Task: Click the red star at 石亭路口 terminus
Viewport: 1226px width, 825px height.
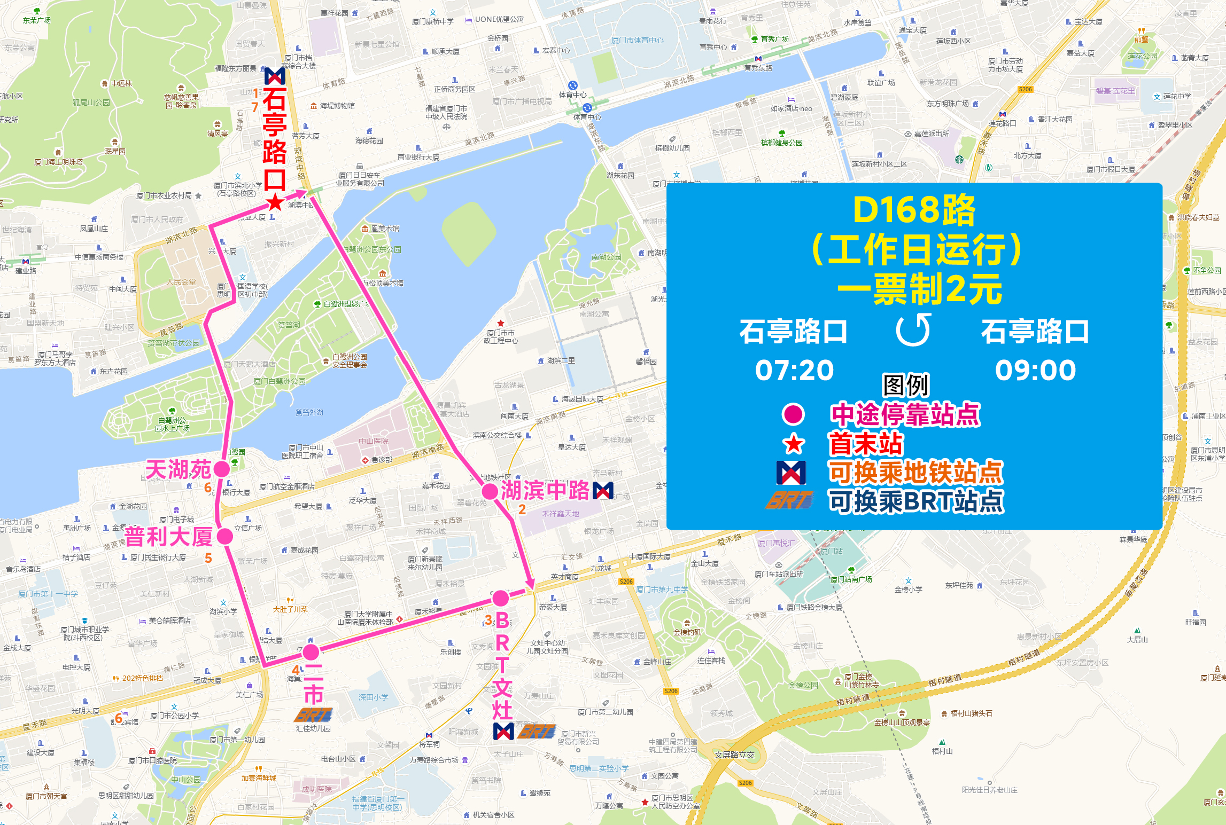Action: [x=275, y=202]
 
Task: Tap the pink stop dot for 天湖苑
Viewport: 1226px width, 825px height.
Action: [x=221, y=469]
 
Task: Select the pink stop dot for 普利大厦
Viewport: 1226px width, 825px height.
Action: [x=225, y=536]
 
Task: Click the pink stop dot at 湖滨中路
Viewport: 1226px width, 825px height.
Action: [x=490, y=491]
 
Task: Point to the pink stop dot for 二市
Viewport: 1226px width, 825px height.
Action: [x=311, y=652]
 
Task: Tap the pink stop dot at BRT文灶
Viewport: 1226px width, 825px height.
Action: [x=501, y=598]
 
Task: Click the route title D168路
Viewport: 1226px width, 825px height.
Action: [x=914, y=210]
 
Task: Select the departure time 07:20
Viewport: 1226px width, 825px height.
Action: [x=794, y=370]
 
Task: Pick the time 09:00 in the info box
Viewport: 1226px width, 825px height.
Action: [x=1035, y=370]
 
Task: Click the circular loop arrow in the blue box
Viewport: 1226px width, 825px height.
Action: [x=914, y=330]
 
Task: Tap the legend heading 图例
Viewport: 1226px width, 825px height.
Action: [x=906, y=385]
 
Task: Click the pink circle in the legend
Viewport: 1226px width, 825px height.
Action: [x=793, y=414]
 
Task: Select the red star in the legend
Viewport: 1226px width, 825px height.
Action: [x=794, y=444]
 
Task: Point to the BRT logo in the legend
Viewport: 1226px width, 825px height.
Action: [x=790, y=500]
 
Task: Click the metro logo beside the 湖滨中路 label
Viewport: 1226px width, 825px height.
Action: [x=603, y=490]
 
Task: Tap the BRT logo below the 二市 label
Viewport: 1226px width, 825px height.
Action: [x=314, y=714]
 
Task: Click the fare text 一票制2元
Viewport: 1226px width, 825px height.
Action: [x=919, y=289]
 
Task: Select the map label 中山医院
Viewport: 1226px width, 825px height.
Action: [x=374, y=441]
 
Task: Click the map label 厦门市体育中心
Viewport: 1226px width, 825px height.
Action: [x=637, y=40]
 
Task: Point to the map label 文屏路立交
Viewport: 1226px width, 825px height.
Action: [x=734, y=755]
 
